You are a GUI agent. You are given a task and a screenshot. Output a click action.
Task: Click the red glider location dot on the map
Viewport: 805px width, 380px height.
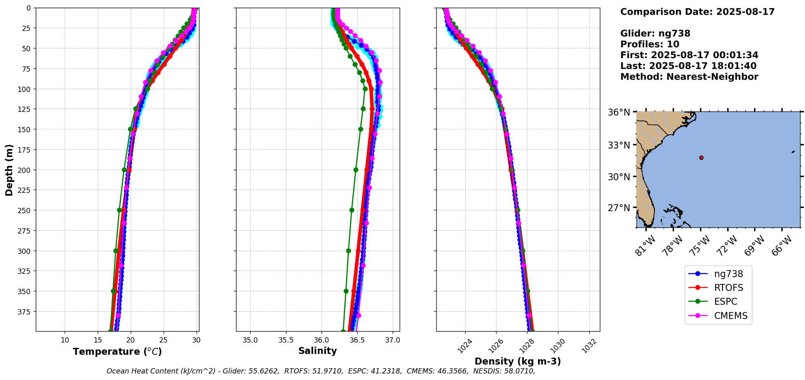click(x=701, y=157)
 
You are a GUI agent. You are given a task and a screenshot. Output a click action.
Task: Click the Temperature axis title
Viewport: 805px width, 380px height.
click(x=117, y=352)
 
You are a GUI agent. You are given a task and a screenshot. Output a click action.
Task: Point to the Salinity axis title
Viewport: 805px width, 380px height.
click(x=317, y=351)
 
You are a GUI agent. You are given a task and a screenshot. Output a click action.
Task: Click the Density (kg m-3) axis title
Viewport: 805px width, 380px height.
click(x=518, y=361)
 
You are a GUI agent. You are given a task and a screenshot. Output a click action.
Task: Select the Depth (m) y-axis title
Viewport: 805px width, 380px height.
click(x=9, y=170)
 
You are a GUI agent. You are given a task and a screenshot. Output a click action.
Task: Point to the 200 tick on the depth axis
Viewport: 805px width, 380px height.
click(x=25, y=170)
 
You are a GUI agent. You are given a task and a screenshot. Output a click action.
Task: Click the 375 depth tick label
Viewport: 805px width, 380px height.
click(x=25, y=312)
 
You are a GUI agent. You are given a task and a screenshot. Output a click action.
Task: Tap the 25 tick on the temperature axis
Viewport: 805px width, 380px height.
click(x=163, y=340)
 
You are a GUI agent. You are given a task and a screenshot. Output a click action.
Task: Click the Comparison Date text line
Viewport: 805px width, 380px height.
click(x=697, y=12)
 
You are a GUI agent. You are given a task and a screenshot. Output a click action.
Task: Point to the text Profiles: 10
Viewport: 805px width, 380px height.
click(x=650, y=44)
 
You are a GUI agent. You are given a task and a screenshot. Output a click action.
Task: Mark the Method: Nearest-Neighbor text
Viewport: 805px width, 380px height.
click(x=689, y=77)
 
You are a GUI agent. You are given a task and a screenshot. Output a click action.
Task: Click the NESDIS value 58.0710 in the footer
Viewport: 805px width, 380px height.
click(x=519, y=371)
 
